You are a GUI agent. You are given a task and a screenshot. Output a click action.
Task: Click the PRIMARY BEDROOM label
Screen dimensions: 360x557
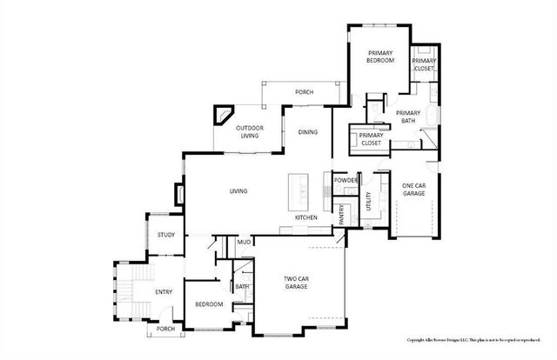pyautogui.click(x=379, y=57)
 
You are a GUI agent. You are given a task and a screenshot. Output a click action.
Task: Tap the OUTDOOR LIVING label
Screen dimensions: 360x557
pyautogui.click(x=249, y=132)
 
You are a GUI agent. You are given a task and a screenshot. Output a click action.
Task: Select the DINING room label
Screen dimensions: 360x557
pyautogui.click(x=307, y=132)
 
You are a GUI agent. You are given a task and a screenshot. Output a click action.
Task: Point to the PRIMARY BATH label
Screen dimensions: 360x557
pyautogui.click(x=407, y=117)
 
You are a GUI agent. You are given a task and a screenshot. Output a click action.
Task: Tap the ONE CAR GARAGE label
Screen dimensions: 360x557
pyautogui.click(x=414, y=190)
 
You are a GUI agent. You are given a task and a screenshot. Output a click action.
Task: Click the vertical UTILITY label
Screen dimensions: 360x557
pyautogui.click(x=369, y=202)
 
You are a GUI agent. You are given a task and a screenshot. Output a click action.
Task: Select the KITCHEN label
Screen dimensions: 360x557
pyautogui.click(x=305, y=217)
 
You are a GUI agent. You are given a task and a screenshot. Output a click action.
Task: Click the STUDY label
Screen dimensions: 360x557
pyautogui.click(x=165, y=235)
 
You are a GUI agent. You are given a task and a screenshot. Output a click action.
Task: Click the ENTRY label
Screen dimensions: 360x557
pyautogui.click(x=163, y=293)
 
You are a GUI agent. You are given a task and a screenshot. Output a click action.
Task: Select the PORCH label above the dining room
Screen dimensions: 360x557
pyautogui.click(x=304, y=91)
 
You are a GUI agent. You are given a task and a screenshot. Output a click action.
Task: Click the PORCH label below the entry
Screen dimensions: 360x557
pyautogui.click(x=165, y=329)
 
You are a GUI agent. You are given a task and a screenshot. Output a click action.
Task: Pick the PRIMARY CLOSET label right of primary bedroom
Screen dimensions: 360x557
pyautogui.click(x=425, y=63)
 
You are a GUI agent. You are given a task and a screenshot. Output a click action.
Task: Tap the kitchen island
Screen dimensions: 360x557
pyautogui.click(x=299, y=187)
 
